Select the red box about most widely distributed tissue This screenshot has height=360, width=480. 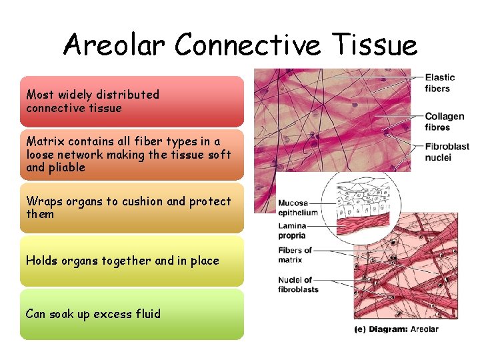[131, 101]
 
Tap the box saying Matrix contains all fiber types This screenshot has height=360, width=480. [131, 155]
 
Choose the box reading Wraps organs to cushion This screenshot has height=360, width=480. [131, 208]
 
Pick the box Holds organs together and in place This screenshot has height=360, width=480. [131, 261]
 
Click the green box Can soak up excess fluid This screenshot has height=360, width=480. [131, 314]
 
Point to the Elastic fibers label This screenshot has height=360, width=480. [439, 83]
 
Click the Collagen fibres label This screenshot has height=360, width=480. [445, 122]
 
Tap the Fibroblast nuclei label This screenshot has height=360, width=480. [447, 151]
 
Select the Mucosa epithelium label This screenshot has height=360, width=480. [298, 208]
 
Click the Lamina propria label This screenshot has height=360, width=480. [292, 231]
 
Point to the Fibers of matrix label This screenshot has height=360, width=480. [295, 255]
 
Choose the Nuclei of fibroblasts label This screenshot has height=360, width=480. [298, 285]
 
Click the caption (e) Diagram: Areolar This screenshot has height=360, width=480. [396, 329]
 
